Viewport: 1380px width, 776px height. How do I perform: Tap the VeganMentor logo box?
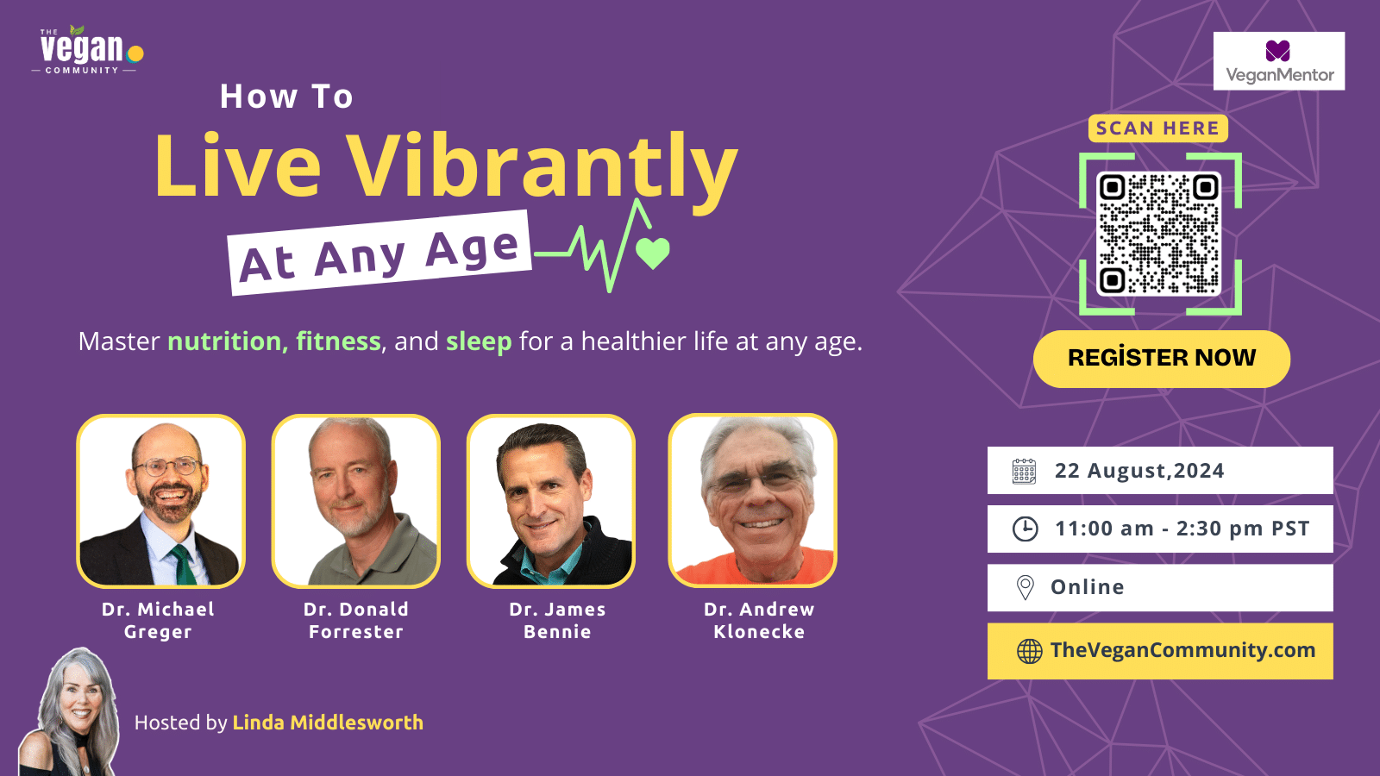pos(1279,61)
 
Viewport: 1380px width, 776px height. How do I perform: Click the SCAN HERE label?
pos(1157,128)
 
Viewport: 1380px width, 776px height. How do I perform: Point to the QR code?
pos(1159,234)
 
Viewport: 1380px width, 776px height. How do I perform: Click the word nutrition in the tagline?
pos(224,341)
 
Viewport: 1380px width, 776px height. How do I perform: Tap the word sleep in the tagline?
pos(479,342)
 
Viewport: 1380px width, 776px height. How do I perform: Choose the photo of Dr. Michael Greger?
pos(160,501)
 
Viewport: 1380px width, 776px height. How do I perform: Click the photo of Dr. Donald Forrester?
pos(356,501)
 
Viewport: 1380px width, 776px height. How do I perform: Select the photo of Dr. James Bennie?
pos(551,501)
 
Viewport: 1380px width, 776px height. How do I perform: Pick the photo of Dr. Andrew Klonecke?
pos(752,500)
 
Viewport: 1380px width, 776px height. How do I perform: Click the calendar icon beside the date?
pos(1024,471)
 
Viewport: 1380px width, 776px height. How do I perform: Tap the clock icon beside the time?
pos(1026,529)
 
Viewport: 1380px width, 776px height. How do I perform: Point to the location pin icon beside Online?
pos(1026,587)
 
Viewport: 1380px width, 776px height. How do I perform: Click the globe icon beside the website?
pos(1029,651)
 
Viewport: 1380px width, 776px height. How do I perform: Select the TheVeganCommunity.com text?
pos(1182,650)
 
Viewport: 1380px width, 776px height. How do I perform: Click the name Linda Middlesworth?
pos(328,723)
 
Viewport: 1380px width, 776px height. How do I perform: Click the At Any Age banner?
pos(379,253)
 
